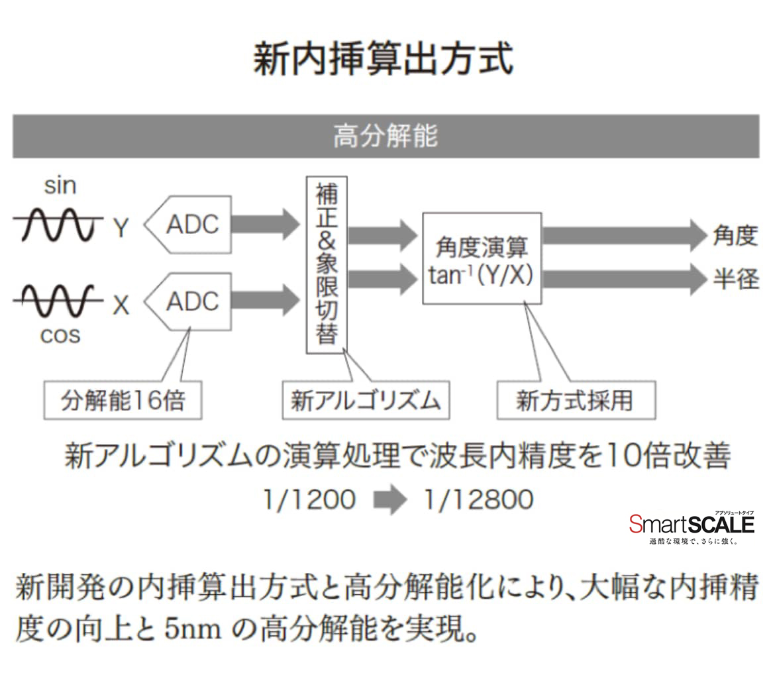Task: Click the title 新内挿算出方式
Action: (383, 60)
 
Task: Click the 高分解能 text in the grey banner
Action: (386, 136)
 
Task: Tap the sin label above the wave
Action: (60, 186)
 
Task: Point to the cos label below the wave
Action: (60, 335)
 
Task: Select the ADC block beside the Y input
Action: (191, 224)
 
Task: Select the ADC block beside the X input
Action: (191, 301)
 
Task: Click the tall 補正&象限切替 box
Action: (327, 264)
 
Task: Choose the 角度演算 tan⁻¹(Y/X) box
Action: (482, 258)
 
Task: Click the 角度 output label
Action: (735, 235)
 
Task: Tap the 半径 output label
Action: (735, 279)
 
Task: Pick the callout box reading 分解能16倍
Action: (123, 400)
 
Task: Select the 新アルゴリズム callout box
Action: (366, 400)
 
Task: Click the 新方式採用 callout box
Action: (576, 400)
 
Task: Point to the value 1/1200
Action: (309, 499)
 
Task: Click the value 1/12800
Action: (478, 499)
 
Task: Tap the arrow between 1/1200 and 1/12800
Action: (390, 499)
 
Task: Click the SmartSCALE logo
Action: (692, 525)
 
